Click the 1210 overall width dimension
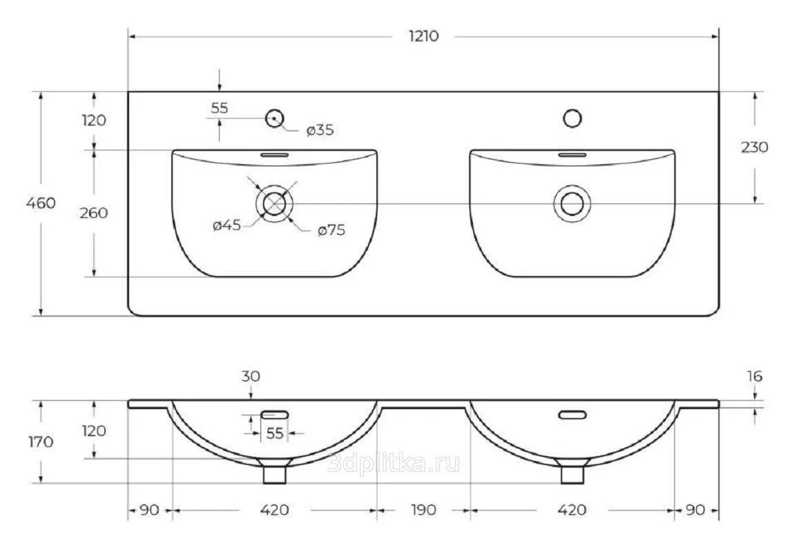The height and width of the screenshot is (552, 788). click(x=423, y=37)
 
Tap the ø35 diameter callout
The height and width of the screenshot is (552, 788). click(x=319, y=130)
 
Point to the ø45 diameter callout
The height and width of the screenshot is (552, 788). click(x=227, y=226)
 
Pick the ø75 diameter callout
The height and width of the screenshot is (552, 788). click(x=331, y=231)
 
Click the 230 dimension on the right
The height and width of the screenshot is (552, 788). click(x=753, y=147)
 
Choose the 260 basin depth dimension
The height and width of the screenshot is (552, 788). click(x=94, y=213)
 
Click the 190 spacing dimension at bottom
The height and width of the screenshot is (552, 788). click(x=423, y=510)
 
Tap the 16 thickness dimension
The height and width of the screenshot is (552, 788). click(x=754, y=377)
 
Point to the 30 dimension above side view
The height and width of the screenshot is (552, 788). click(x=251, y=377)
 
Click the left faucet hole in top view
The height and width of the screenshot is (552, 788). click(x=275, y=119)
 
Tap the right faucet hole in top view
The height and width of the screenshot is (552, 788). click(x=572, y=119)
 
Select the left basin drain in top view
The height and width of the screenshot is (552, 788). click(x=275, y=204)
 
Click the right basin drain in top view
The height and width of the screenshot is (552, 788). click(x=572, y=204)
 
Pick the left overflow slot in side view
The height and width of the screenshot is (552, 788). click(x=275, y=414)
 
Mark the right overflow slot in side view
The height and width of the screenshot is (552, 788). click(x=573, y=415)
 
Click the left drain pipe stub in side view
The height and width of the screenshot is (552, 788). click(x=275, y=474)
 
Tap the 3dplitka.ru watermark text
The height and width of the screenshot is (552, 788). click(x=394, y=464)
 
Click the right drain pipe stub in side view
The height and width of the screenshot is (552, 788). click(x=572, y=474)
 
